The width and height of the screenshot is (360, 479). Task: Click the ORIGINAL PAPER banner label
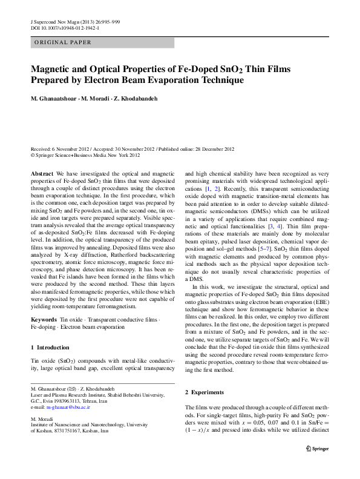pos(63,42)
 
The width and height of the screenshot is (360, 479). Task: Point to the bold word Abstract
pos(42,173)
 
